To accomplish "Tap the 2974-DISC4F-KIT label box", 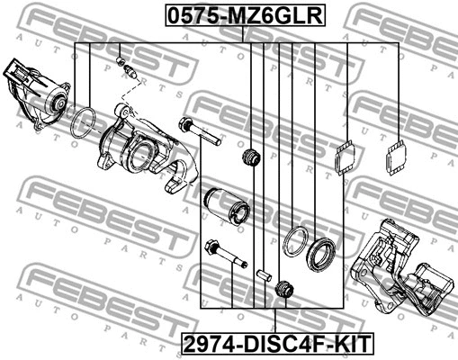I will click(275, 343).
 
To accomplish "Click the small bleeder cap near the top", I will click(121, 61).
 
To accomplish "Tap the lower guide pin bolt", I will click(226, 254).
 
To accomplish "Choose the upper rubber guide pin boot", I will click(252, 157).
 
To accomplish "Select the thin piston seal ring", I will click(294, 243).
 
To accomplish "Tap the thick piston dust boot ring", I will click(320, 253).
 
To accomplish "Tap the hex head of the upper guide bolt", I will click(188, 124).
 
